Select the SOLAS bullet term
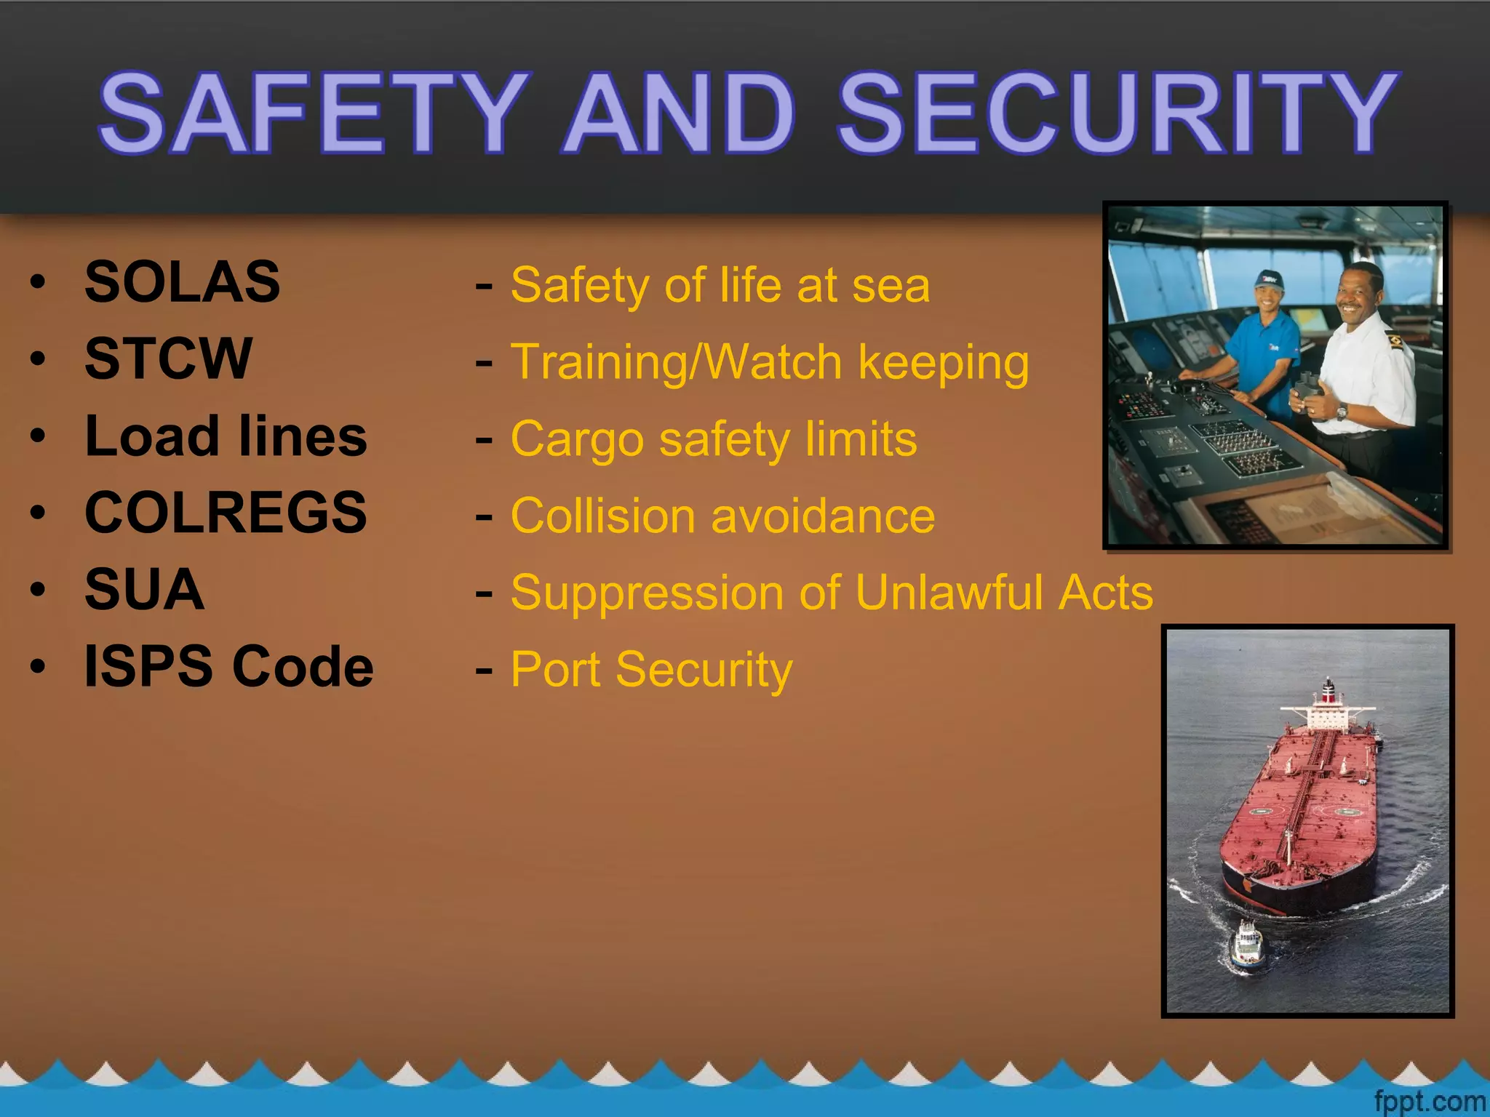click(x=183, y=281)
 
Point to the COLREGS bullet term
click(x=226, y=512)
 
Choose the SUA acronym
click(x=145, y=589)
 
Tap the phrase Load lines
click(x=226, y=436)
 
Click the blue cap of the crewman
click(x=1269, y=279)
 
